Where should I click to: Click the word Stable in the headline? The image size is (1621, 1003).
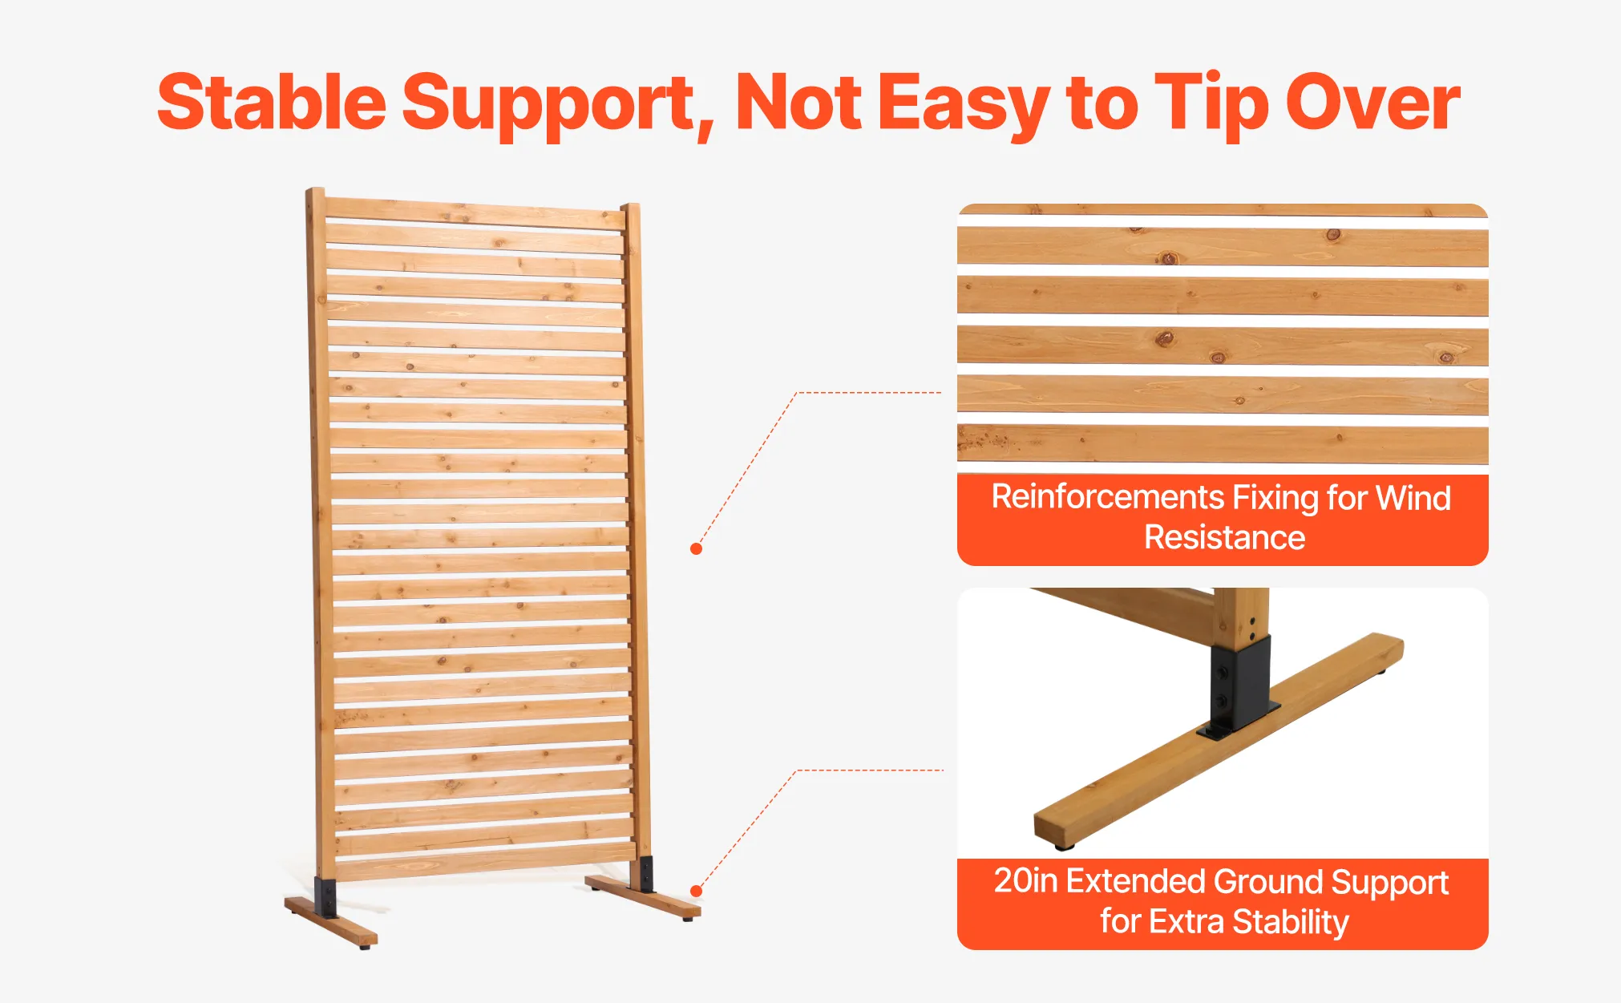[272, 102]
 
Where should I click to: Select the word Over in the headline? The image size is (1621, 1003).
[1373, 102]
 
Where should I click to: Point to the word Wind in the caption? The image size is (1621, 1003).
[1413, 498]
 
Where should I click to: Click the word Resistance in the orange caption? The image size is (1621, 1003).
[1224, 537]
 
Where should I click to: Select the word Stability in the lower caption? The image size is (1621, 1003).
[1291, 922]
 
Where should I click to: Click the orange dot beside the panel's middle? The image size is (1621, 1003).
[696, 549]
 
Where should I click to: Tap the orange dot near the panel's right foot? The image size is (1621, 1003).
[696, 892]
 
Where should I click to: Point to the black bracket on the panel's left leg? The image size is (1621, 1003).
[325, 899]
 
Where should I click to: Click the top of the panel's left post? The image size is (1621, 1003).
[315, 191]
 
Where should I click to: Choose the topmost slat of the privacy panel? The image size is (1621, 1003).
[475, 212]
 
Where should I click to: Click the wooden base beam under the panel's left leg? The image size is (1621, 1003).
[331, 920]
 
